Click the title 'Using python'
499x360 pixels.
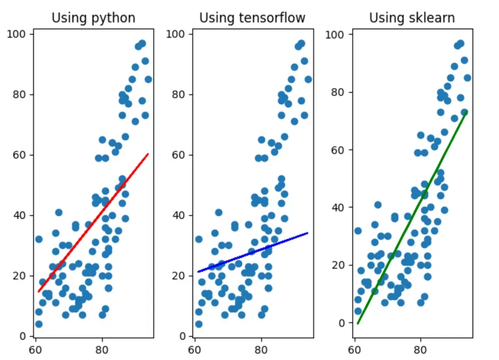tap(93, 18)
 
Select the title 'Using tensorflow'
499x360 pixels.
tap(252, 18)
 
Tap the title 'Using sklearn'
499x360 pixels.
tap(412, 18)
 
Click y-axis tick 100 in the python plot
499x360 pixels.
tap(20, 34)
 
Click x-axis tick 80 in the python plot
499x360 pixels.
tap(102, 350)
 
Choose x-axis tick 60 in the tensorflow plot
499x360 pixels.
tap(194, 350)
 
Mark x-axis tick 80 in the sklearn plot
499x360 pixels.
tap(421, 350)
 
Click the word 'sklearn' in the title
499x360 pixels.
tap(433, 18)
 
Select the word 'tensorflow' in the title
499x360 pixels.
tap(272, 18)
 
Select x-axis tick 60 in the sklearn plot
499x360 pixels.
tap(355, 350)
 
